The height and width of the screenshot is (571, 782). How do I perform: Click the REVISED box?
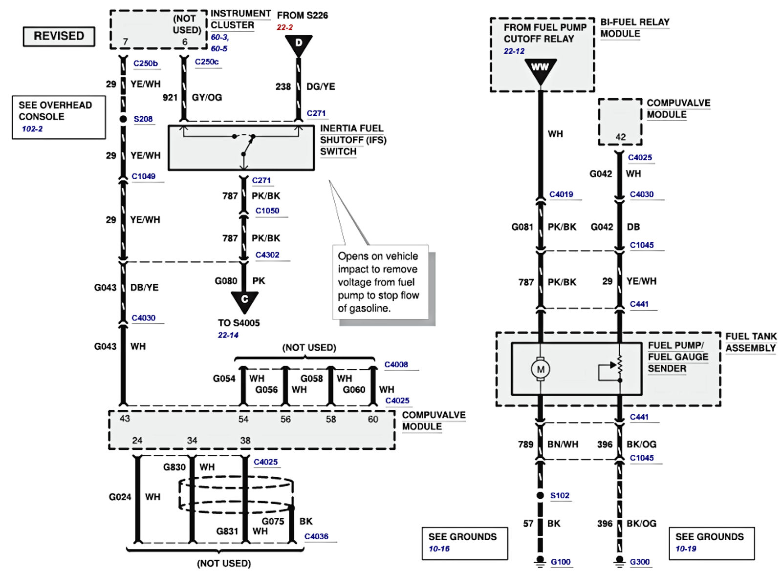point(59,36)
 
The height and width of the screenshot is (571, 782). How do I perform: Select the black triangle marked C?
point(244,302)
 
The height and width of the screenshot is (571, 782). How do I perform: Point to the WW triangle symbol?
point(541,71)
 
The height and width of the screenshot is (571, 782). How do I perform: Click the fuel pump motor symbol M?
point(541,369)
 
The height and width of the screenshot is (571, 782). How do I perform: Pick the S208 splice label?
point(143,119)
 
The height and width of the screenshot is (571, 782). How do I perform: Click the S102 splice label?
point(560,495)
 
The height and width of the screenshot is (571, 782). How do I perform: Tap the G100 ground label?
point(560,562)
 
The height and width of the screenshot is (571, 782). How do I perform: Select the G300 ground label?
point(640,562)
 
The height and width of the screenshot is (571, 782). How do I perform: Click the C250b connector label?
point(146,63)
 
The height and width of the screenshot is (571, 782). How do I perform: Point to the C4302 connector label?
point(267,255)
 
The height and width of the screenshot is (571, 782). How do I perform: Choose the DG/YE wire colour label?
point(321,86)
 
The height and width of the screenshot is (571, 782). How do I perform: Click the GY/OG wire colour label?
point(207,97)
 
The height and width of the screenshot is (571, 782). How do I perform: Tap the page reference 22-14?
point(228,335)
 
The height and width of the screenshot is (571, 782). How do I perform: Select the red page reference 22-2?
point(285,27)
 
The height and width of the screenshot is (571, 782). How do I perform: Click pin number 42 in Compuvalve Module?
point(620,137)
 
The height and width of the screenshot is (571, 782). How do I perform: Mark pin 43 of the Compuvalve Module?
point(125,418)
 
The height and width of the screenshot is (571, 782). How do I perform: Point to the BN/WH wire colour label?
point(563,444)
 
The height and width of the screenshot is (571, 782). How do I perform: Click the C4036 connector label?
point(316,536)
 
